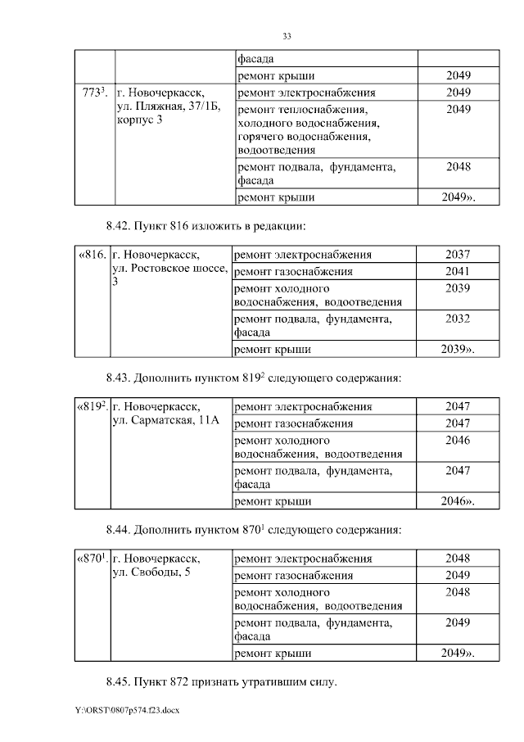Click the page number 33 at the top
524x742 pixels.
(x=287, y=36)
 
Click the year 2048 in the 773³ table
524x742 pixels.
(x=458, y=167)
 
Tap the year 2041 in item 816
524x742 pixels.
(x=458, y=271)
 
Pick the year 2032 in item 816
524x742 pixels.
(x=458, y=319)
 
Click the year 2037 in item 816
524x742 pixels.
(x=458, y=255)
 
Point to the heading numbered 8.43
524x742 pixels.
(x=253, y=378)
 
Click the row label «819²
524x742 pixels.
(x=92, y=407)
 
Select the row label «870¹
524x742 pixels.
(x=92, y=559)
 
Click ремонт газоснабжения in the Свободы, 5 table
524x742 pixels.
(x=293, y=575)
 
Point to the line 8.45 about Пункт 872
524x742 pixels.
(x=221, y=681)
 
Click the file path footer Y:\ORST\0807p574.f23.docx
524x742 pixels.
(x=120, y=710)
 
